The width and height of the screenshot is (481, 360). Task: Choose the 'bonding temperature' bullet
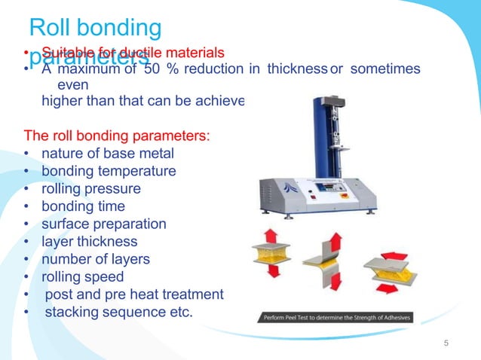click(x=109, y=171)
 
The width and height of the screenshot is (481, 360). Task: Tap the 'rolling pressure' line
click(x=90, y=188)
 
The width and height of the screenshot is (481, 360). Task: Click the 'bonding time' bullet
click(x=83, y=206)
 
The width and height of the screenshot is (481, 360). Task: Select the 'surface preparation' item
click(x=103, y=224)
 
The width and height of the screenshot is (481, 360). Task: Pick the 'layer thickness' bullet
click(x=89, y=242)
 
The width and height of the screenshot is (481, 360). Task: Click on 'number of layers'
click(x=95, y=259)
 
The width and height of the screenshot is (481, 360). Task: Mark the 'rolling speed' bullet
click(x=84, y=276)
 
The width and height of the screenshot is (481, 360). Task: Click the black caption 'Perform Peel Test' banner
click(x=337, y=318)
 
